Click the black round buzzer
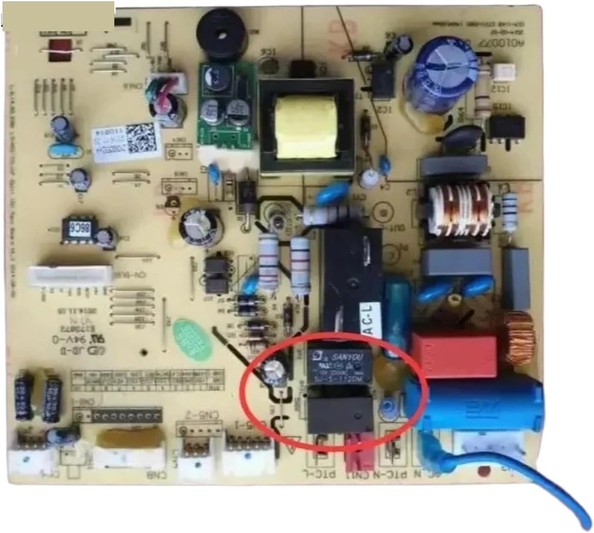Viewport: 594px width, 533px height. pos(221,33)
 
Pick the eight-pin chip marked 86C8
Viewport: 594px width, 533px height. pos(78,231)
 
